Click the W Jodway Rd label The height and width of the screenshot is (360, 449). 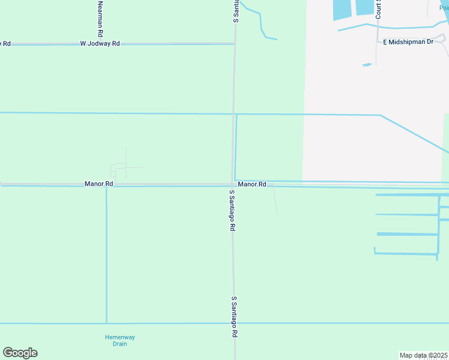[100, 44]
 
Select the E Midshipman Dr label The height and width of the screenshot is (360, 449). [408, 42]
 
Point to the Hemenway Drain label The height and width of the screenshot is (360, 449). [116, 340]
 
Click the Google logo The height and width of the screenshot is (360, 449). [20, 353]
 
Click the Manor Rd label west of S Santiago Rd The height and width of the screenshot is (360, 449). [99, 184]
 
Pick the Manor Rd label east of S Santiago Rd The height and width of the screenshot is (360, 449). [252, 184]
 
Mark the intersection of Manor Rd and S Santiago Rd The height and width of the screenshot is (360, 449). [233, 184]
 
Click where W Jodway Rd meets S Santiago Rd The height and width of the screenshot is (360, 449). [234, 43]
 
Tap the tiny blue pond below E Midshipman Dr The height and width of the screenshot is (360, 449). [367, 65]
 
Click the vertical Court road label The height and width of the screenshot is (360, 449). [379, 8]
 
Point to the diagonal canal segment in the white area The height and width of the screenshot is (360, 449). [414, 133]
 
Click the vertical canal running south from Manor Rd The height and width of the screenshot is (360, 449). [106, 252]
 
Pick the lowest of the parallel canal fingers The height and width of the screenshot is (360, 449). [406, 253]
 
